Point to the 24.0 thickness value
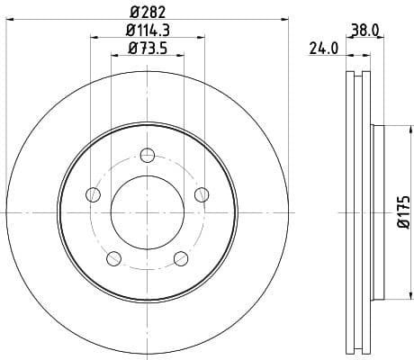pos(323,49)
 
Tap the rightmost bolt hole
pos(202,194)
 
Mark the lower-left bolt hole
pos(113,258)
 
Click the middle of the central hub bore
pos(147,213)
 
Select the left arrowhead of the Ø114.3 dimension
pos(94,36)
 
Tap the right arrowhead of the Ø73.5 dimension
pos(181,55)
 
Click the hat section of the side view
pos(378,213)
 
